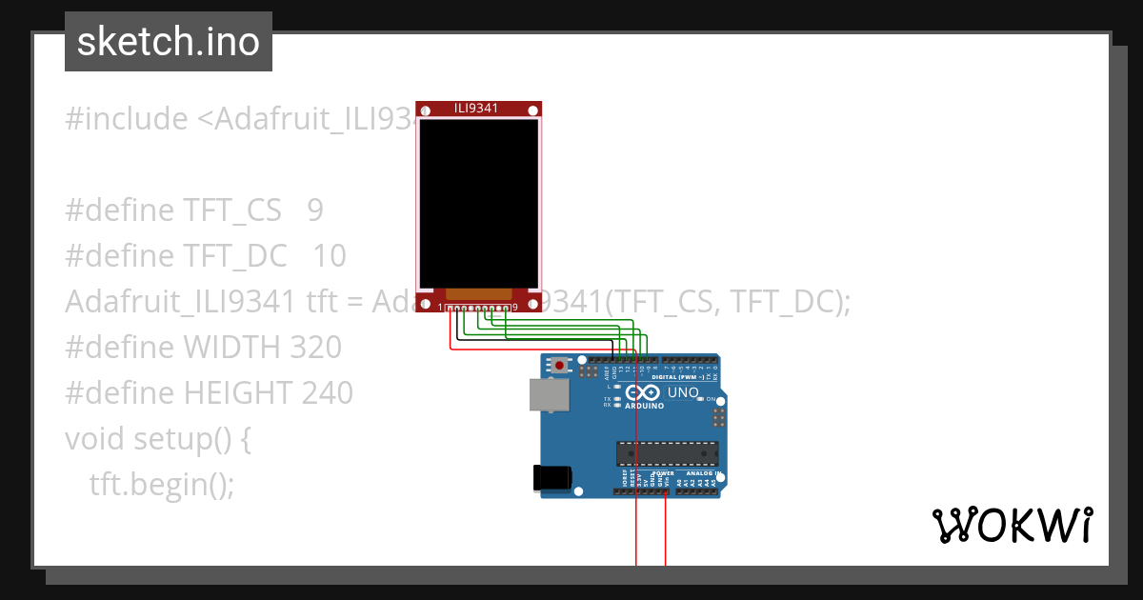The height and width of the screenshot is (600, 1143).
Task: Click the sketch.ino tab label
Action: tap(169, 42)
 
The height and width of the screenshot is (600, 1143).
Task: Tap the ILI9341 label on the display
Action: tap(478, 109)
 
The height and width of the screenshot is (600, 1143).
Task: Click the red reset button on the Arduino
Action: tap(558, 365)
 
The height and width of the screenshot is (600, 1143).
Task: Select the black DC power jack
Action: tap(551, 476)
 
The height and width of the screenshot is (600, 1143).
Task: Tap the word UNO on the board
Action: tap(684, 392)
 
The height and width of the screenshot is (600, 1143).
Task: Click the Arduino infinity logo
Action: tap(644, 392)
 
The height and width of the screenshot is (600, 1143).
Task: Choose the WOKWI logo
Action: tap(1011, 525)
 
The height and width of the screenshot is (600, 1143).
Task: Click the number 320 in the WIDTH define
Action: tap(313, 348)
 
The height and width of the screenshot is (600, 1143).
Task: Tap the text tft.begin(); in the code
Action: tap(161, 484)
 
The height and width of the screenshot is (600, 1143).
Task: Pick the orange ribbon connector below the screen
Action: tap(479, 294)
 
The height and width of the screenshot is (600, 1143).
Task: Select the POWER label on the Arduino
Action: tap(663, 473)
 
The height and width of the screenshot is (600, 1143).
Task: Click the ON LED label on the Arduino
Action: tap(711, 399)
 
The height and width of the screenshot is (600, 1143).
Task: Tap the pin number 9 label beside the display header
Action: tap(514, 308)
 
